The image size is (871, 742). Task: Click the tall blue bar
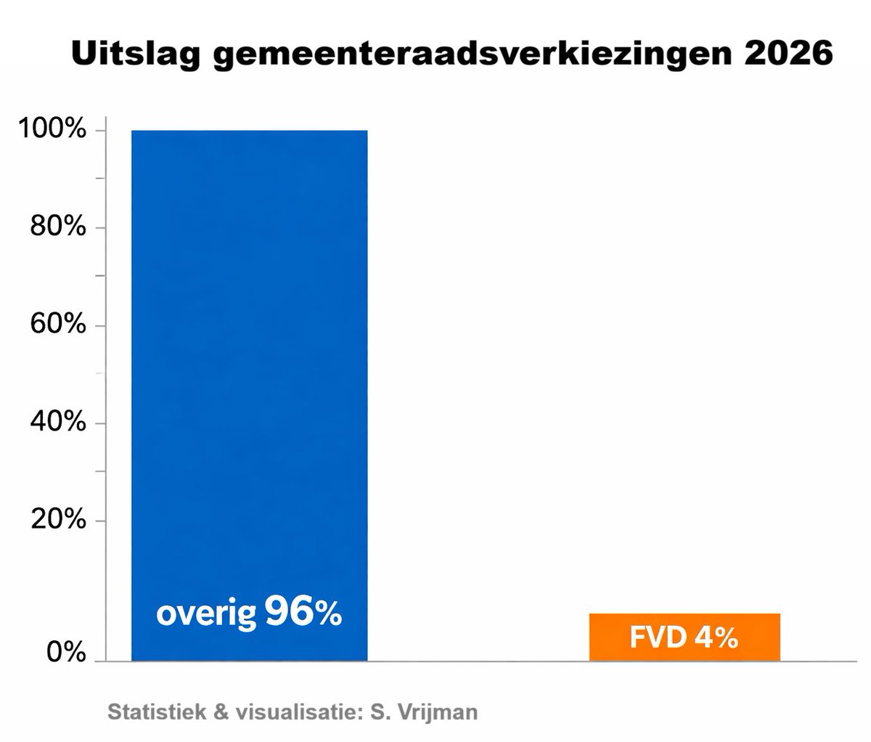click(x=249, y=363)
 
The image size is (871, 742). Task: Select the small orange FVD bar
click(x=684, y=637)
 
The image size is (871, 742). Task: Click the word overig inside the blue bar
click(x=206, y=616)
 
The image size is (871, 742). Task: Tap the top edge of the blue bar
click(x=249, y=131)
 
